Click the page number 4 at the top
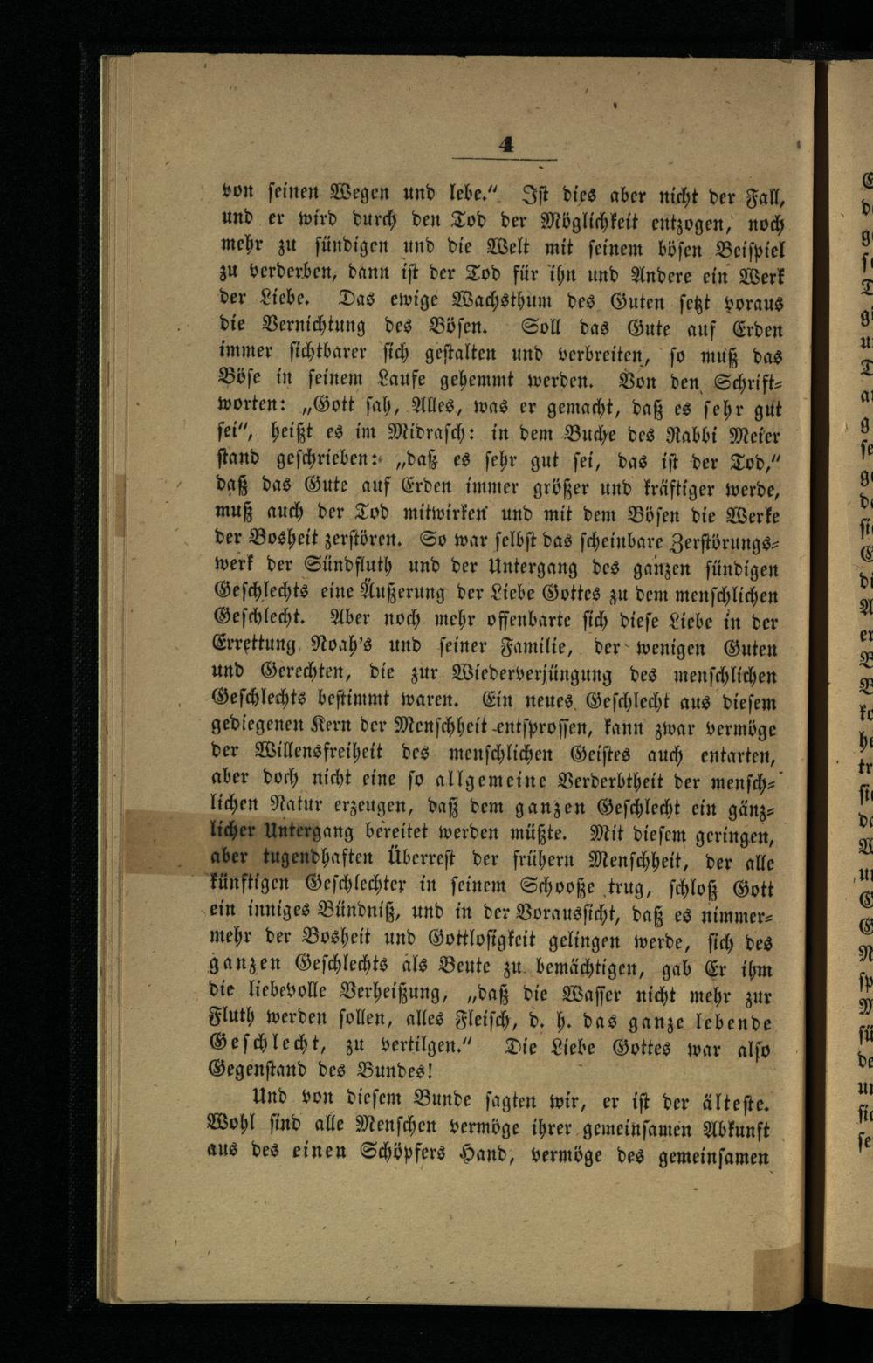coord(505,146)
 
